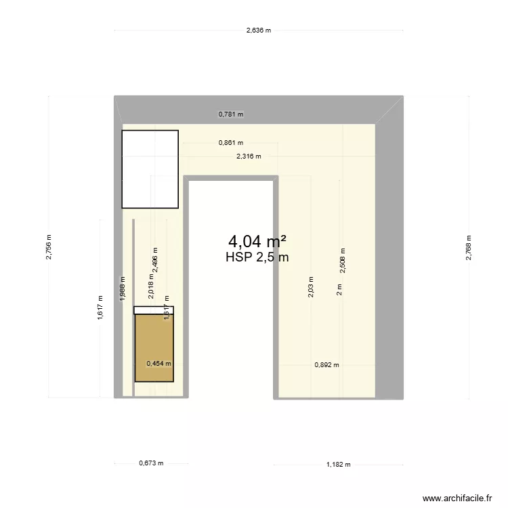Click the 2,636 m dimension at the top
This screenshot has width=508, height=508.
(x=258, y=30)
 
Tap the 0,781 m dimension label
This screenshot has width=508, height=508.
(x=230, y=114)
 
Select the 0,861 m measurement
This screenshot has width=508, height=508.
(x=230, y=143)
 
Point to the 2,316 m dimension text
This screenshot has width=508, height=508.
(x=248, y=156)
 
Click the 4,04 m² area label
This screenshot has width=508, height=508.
(x=257, y=241)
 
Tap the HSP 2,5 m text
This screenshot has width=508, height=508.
(x=257, y=257)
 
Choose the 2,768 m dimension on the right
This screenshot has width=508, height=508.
(x=468, y=247)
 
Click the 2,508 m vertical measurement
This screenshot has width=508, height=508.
(x=343, y=259)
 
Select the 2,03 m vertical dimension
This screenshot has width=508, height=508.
(x=311, y=288)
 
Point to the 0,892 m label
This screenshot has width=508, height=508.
(x=326, y=364)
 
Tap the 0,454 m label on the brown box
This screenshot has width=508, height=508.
(x=159, y=363)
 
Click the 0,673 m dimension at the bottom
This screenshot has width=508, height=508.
(x=151, y=464)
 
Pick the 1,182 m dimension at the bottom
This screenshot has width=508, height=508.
(x=339, y=465)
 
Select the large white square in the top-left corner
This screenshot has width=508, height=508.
(x=150, y=169)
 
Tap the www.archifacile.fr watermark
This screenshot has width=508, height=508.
(x=458, y=498)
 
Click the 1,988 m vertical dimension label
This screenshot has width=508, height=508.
(x=123, y=288)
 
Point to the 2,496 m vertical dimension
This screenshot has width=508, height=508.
(x=155, y=259)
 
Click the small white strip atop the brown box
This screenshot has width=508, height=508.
(x=154, y=310)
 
